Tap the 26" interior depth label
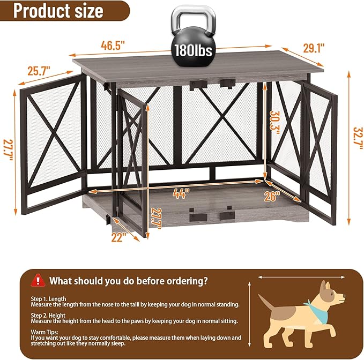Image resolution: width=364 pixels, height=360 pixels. click(272, 196)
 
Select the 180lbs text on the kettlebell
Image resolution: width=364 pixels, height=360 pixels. click(192, 50)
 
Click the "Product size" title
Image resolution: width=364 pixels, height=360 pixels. click(59, 11)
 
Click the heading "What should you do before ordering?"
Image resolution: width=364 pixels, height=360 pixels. click(129, 280)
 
